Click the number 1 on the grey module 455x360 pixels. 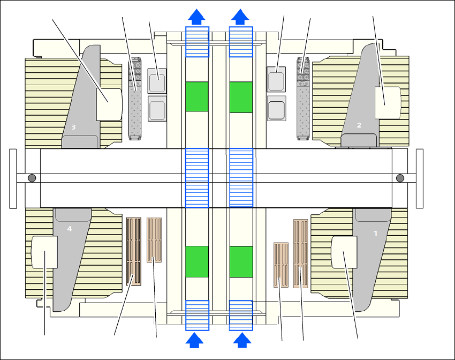(x=375, y=234)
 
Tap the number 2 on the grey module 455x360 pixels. (x=359, y=125)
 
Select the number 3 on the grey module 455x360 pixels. (x=74, y=127)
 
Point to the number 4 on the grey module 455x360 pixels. (x=69, y=229)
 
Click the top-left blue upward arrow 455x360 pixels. (x=197, y=17)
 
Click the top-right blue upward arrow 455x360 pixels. (x=241, y=17)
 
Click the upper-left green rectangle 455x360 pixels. (x=197, y=97)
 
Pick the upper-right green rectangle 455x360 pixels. (x=241, y=97)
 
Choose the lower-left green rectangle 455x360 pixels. (x=197, y=261)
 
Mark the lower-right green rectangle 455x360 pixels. (x=241, y=261)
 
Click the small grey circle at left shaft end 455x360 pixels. (x=32, y=178)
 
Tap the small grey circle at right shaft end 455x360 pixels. (x=399, y=178)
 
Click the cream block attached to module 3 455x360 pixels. (x=109, y=104)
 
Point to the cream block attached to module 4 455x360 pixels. (x=44, y=252)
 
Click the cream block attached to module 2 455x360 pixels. (x=388, y=102)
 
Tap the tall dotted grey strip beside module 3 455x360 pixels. (x=135, y=102)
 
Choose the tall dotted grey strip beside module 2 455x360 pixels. (x=304, y=102)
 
